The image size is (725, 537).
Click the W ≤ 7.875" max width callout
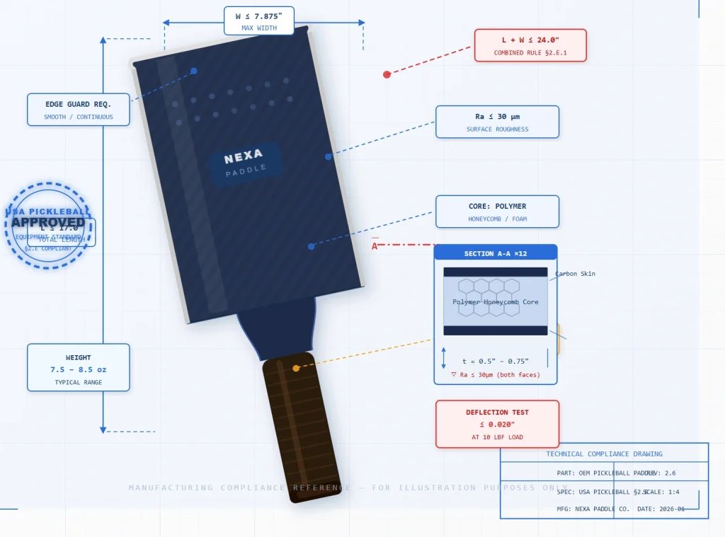pyautogui.click(x=259, y=21)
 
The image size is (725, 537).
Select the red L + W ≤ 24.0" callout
pyautogui.click(x=530, y=45)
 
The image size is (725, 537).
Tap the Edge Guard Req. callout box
pyautogui.click(x=79, y=110)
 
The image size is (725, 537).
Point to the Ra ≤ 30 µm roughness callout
pyautogui.click(x=497, y=122)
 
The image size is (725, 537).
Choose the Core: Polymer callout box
pyautogui.click(x=497, y=212)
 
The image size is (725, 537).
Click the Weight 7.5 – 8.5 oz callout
pyautogui.click(x=79, y=367)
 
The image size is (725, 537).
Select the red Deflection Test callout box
pyautogui.click(x=497, y=424)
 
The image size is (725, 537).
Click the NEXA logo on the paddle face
pyautogui.click(x=244, y=156)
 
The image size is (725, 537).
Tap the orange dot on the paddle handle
pyautogui.click(x=296, y=368)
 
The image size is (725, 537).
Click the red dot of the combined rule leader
pyautogui.click(x=387, y=74)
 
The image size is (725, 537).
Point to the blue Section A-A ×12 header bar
pyautogui.click(x=496, y=253)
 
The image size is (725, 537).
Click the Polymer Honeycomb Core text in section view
pyautogui.click(x=496, y=302)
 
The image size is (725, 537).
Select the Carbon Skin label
pyautogui.click(x=575, y=274)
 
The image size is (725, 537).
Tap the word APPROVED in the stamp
pyautogui.click(x=48, y=222)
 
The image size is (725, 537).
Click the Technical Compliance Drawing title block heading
pyautogui.click(x=604, y=454)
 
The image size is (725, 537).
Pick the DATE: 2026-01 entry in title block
pyautogui.click(x=661, y=509)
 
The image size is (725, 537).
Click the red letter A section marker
pyautogui.click(x=375, y=246)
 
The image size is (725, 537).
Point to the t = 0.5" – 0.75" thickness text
pyautogui.click(x=496, y=361)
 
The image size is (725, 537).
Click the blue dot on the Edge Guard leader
pyautogui.click(x=194, y=71)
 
